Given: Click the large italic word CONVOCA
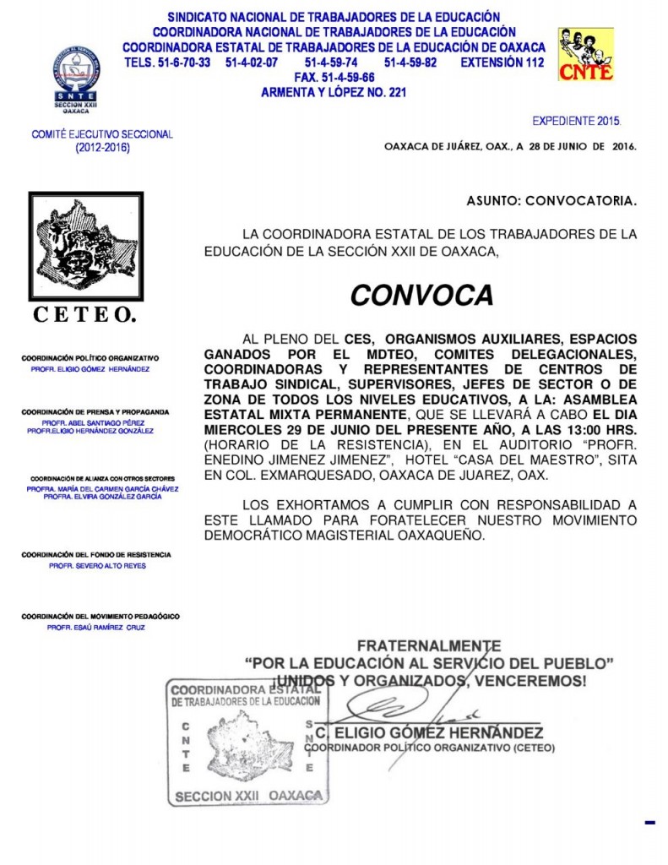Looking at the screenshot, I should pyautogui.click(x=421, y=295).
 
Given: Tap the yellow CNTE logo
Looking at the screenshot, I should pyautogui.click(x=585, y=55).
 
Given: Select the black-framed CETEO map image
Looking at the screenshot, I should pyautogui.click(x=86, y=247).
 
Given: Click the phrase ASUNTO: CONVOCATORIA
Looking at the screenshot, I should pyautogui.click(x=551, y=201).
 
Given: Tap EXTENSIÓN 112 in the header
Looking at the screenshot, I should pyautogui.click(x=502, y=63).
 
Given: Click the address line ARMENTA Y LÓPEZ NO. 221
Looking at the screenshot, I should pyautogui.click(x=334, y=92).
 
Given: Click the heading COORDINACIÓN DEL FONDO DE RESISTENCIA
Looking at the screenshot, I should pyautogui.click(x=96, y=555).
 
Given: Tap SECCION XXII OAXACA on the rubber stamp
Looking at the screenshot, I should pyautogui.click(x=248, y=796).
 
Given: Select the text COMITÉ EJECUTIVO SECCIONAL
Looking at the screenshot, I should pyautogui.click(x=101, y=134).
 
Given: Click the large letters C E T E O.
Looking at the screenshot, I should pyautogui.click(x=84, y=315).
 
